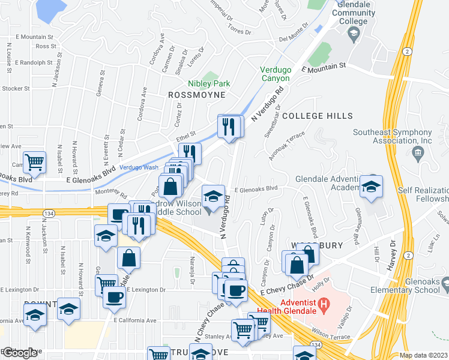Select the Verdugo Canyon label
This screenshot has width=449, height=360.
click(x=275, y=74)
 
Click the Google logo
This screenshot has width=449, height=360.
click(x=20, y=353)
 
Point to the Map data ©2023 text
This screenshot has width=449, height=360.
click(x=424, y=355)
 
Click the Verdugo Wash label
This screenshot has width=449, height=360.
click(x=139, y=167)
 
